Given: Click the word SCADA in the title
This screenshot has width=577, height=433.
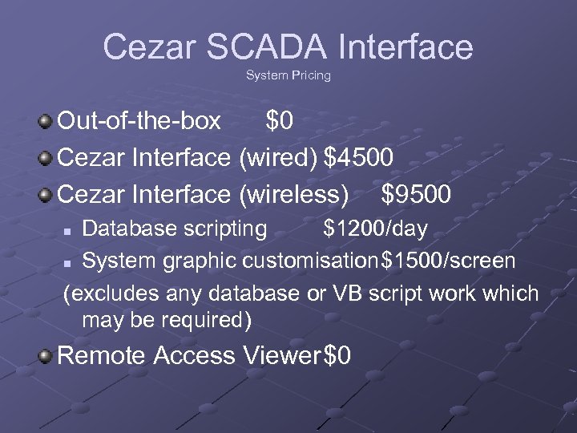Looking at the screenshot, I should pyautogui.click(x=268, y=47).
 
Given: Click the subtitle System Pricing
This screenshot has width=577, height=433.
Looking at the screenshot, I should pyautogui.click(x=288, y=75).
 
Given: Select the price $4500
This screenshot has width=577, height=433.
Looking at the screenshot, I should pyautogui.click(x=358, y=157).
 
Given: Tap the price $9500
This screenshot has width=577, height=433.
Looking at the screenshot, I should pyautogui.click(x=417, y=194).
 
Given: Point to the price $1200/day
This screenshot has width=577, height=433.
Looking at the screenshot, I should pyautogui.click(x=375, y=229).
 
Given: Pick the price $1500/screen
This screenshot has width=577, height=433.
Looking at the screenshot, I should pyautogui.click(x=448, y=261).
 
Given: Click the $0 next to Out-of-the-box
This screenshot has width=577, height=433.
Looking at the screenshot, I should pyautogui.click(x=280, y=121).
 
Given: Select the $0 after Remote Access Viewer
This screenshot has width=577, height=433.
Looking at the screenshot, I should pyautogui.click(x=337, y=355).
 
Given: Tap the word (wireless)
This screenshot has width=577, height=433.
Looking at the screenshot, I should pyautogui.click(x=294, y=194).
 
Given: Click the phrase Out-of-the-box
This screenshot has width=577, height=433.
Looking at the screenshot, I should pyautogui.click(x=140, y=121).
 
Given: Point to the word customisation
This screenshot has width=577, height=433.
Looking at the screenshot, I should pyautogui.click(x=310, y=261).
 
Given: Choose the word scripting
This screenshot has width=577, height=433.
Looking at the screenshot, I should pyautogui.click(x=228, y=229).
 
